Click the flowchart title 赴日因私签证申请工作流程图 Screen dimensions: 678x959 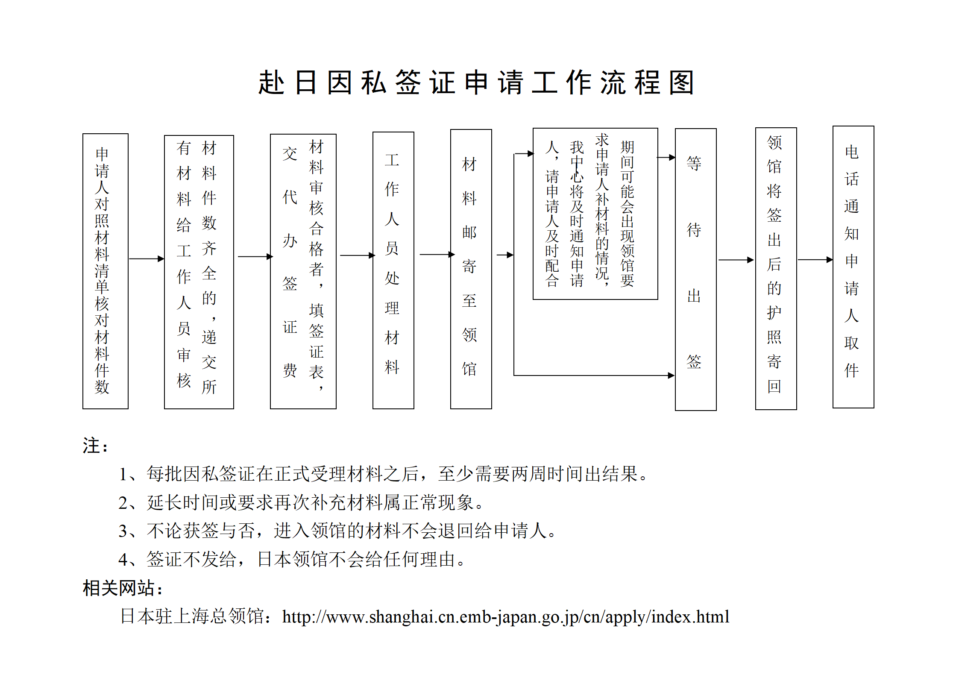point(476,82)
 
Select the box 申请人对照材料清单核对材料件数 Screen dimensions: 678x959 point(105,271)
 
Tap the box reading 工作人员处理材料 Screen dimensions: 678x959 point(393,270)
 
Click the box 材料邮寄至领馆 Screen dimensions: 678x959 point(471,269)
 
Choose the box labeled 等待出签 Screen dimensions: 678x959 point(695,269)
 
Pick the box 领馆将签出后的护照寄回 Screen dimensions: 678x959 point(776,268)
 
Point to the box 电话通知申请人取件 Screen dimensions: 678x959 point(853,267)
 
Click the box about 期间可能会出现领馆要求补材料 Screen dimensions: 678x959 point(595,214)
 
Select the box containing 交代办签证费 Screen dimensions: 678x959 point(303,271)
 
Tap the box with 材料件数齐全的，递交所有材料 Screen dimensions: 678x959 point(199,272)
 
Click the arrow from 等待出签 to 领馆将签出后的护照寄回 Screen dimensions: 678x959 point(736,260)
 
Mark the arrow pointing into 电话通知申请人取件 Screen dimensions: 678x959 point(815,260)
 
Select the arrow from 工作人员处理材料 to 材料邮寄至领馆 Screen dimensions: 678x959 point(437,255)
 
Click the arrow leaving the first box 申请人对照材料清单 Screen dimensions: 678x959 point(146,258)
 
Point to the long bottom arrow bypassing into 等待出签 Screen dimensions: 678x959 point(594,376)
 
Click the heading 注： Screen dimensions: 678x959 point(95,446)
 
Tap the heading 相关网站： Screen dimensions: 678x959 point(123,588)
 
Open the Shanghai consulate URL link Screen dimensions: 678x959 point(505,616)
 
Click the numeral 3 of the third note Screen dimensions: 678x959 point(123,531)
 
